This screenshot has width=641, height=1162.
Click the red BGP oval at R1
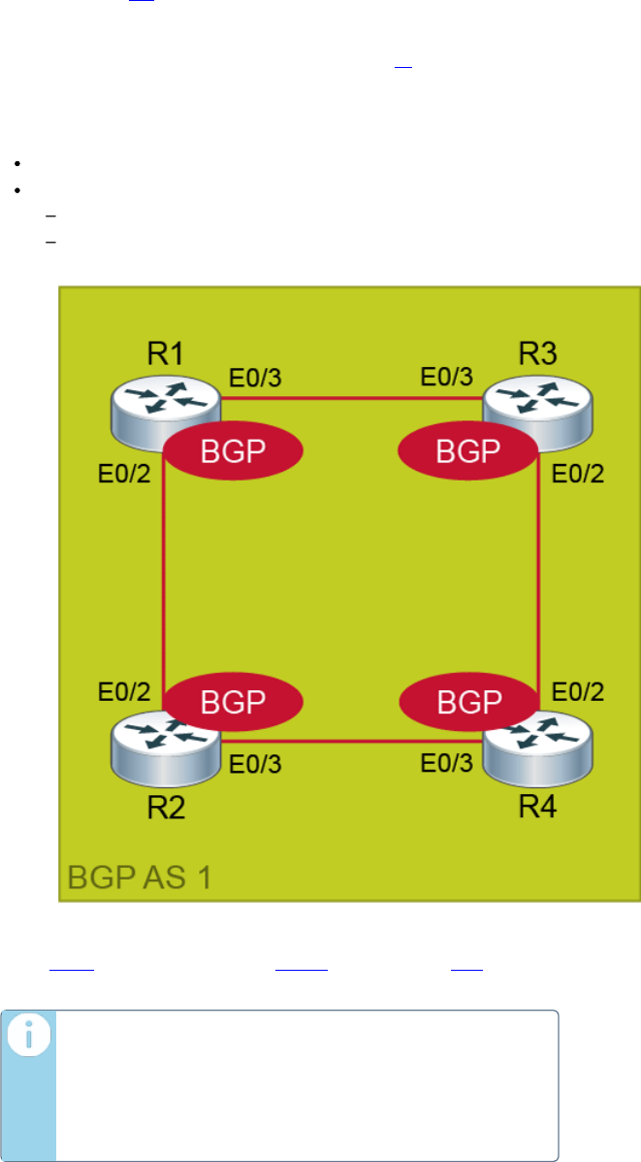point(234,451)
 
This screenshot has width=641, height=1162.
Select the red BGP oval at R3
point(469,451)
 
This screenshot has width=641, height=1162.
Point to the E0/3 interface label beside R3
point(447,378)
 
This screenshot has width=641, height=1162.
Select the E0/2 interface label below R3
point(578,475)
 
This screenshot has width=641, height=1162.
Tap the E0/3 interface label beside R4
point(447,763)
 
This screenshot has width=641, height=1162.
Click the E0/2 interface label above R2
point(124,692)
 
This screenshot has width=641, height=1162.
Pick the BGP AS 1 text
point(140,879)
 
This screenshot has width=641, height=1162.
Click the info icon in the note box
point(28,1037)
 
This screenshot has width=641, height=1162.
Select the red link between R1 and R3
point(353,397)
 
